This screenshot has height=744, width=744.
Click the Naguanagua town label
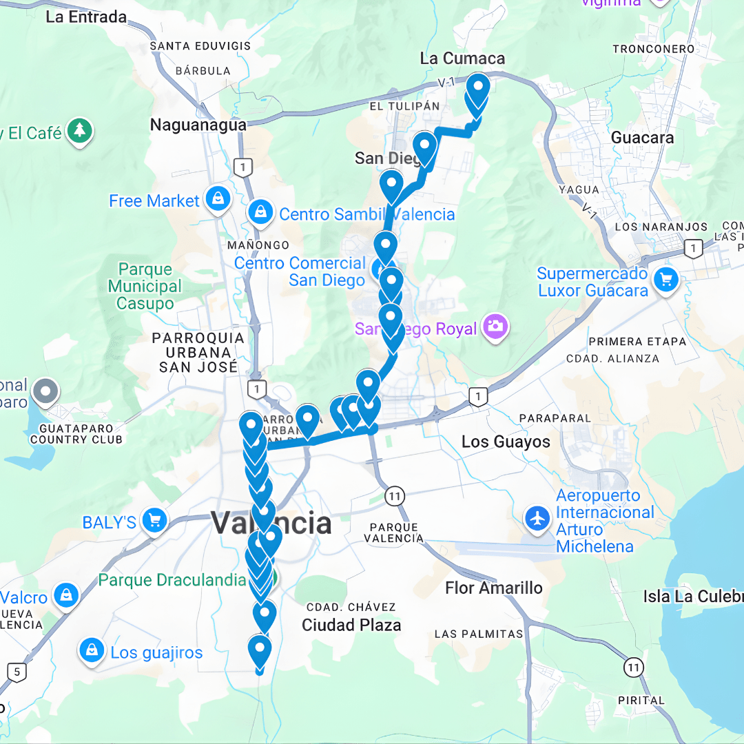pyautogui.click(x=198, y=125)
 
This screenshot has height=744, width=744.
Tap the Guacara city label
pyautogui.click(x=642, y=138)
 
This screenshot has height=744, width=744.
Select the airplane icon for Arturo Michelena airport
pyautogui.click(x=537, y=518)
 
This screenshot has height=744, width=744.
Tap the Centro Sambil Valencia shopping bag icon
pyautogui.click(x=261, y=213)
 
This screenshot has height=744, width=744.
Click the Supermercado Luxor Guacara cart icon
pyautogui.click(x=665, y=280)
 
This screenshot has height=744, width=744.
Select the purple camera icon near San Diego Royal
pyautogui.click(x=495, y=327)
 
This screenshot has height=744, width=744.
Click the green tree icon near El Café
pyautogui.click(x=80, y=131)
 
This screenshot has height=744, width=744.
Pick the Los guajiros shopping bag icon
pyautogui.click(x=92, y=650)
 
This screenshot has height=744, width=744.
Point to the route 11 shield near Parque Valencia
pyautogui.click(x=394, y=495)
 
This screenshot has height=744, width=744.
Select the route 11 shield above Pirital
pyautogui.click(x=633, y=666)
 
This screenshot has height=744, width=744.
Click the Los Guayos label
pyautogui.click(x=506, y=442)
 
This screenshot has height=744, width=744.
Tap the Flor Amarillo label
pyautogui.click(x=494, y=588)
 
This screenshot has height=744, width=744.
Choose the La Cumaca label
pyautogui.click(x=462, y=59)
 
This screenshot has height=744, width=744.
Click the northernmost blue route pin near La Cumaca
pyautogui.click(x=477, y=88)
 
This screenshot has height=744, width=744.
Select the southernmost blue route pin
pyautogui.click(x=260, y=649)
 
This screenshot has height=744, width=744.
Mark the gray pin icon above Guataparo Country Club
pyautogui.click(x=46, y=391)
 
